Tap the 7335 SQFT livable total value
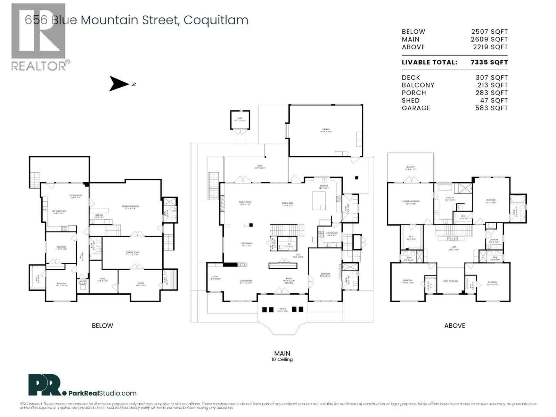tap(489, 63)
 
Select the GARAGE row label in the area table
tap(416, 108)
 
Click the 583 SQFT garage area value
tap(491, 108)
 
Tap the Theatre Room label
tap(132, 253)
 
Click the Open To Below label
tap(451, 281)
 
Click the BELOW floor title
tap(102, 326)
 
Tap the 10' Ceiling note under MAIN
tap(282, 360)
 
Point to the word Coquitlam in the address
tap(216, 20)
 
